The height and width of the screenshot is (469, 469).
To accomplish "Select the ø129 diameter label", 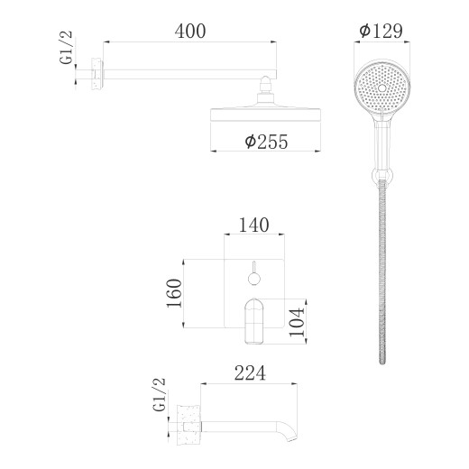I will point(380,31).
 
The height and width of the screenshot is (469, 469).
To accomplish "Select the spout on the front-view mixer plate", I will point(254,320).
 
